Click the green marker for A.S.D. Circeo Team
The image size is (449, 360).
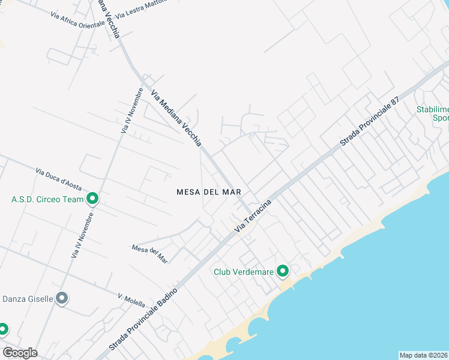coord(92,199)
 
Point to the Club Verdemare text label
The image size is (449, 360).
coord(244,272)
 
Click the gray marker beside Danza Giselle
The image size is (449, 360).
coord(61,298)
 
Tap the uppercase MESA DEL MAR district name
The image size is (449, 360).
coord(209,192)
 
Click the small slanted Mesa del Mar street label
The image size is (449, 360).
coord(149,254)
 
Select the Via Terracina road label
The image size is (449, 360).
coord(253,216)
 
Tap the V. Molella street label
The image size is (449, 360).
coord(131,301)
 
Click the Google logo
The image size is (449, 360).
coord(20,353)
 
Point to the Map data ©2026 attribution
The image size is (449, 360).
coord(423,355)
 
